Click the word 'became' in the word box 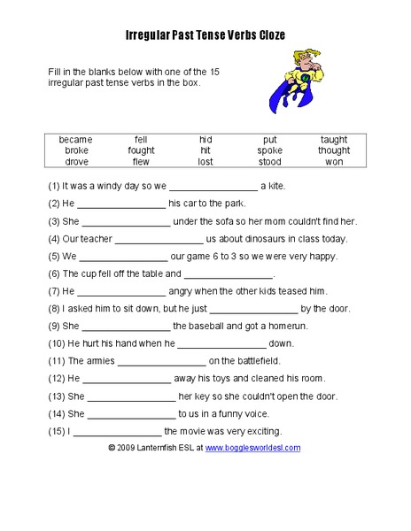pyautogui.click(x=75, y=140)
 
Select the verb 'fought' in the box pyautogui.click(x=141, y=150)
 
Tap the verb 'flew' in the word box pyautogui.click(x=141, y=161)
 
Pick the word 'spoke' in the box pyautogui.click(x=270, y=150)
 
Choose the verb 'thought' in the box pyautogui.click(x=334, y=150)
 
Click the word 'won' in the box pyautogui.click(x=334, y=161)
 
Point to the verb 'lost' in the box pyautogui.click(x=205, y=161)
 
